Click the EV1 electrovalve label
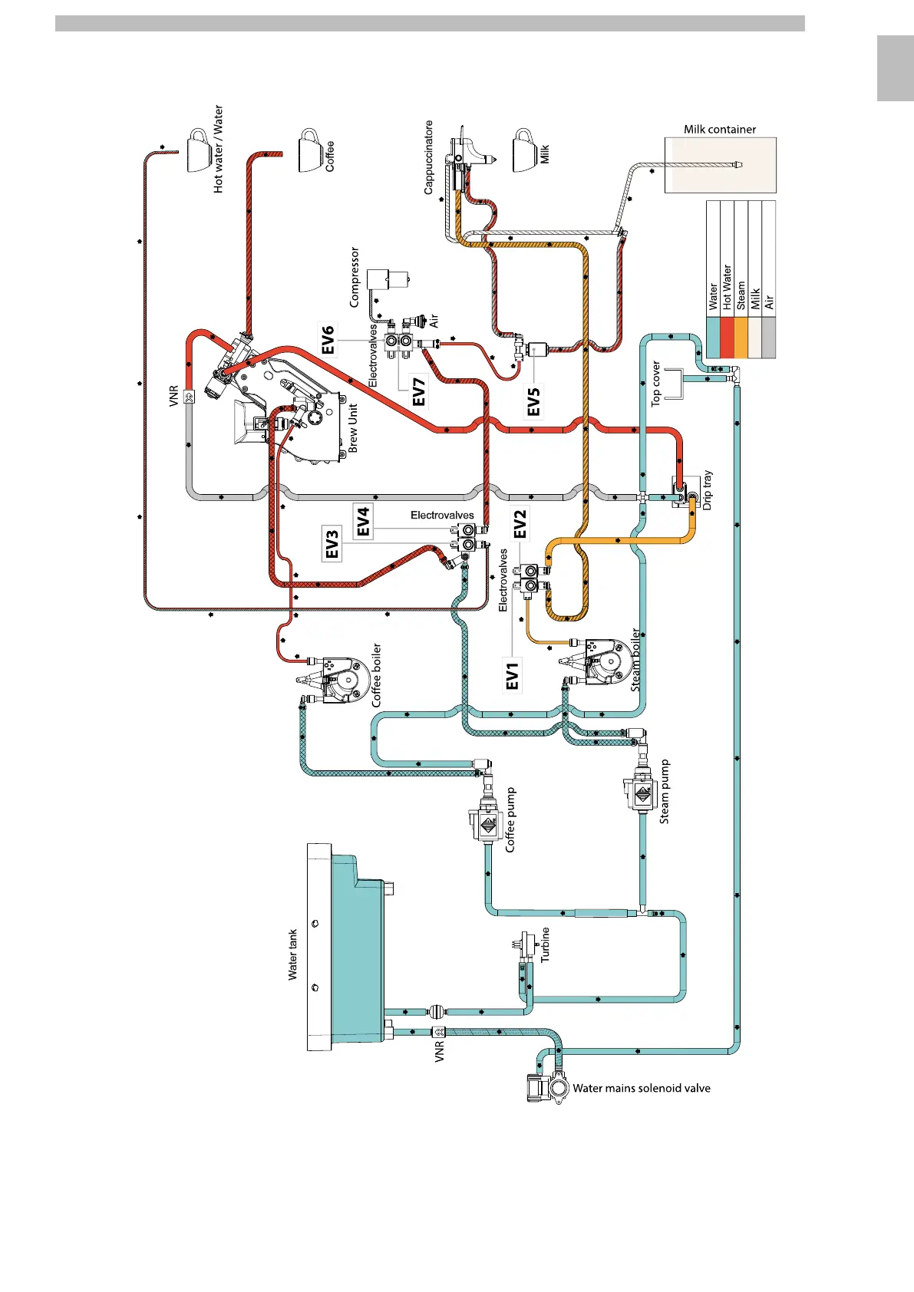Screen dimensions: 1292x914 (513, 674)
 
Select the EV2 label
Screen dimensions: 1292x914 (520, 524)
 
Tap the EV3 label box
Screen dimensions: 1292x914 (332, 543)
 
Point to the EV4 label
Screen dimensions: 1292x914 (363, 521)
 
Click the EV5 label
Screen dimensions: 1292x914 (533, 401)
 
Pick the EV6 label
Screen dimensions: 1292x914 (328, 340)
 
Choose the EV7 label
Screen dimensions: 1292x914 (419, 391)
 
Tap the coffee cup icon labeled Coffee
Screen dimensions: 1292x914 (310, 151)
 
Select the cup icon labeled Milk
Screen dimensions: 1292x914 (525, 151)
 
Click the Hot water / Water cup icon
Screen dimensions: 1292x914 (200, 150)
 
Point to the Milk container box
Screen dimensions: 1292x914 (720, 165)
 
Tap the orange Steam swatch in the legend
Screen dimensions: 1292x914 (741, 338)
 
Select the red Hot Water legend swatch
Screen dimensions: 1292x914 (727, 338)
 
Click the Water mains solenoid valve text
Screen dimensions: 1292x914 (641, 1088)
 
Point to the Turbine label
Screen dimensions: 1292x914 (546, 944)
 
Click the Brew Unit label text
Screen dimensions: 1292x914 (353, 428)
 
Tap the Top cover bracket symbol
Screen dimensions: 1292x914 (674, 384)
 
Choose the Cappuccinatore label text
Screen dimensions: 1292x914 (429, 157)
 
